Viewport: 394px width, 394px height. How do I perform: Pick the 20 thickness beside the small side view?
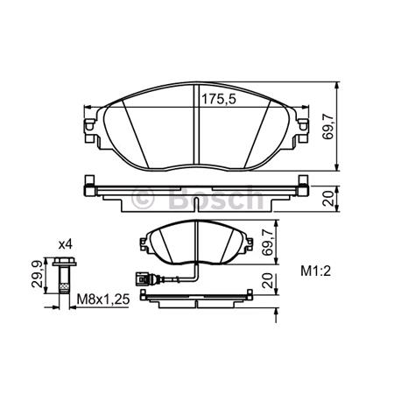point(269,285)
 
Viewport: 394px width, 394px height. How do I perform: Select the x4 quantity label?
point(66,243)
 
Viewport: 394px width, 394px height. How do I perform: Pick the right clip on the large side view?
point(303,186)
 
